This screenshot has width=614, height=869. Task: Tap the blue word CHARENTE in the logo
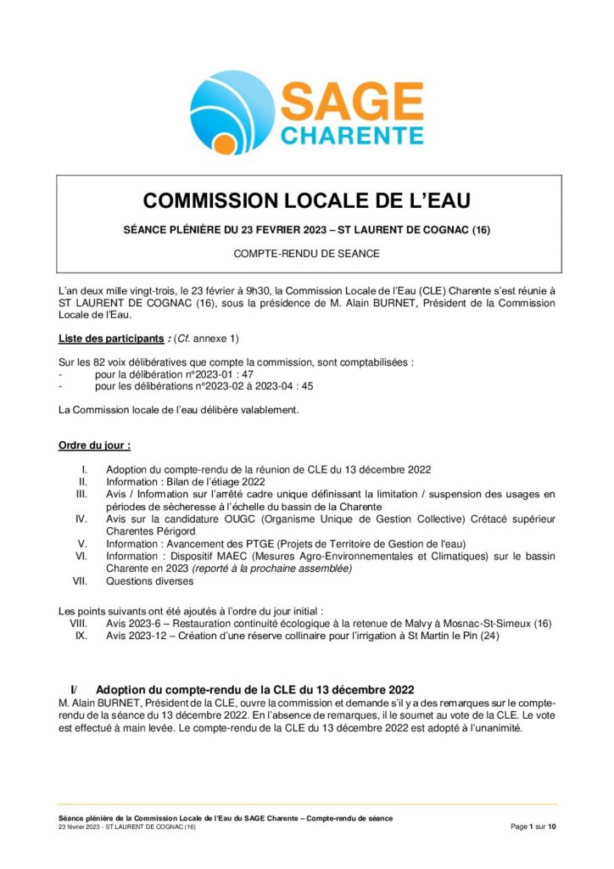(351, 136)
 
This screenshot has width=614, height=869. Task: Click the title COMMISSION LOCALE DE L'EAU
(306, 200)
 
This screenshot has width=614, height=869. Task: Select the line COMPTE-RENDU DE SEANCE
(306, 253)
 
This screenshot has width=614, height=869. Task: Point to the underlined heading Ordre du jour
(93, 445)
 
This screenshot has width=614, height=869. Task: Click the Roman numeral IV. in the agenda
(81, 518)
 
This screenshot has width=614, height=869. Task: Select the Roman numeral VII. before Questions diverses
(80, 582)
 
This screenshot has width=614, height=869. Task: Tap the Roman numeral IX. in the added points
(81, 636)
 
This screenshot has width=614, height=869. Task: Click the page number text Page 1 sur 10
(533, 826)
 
